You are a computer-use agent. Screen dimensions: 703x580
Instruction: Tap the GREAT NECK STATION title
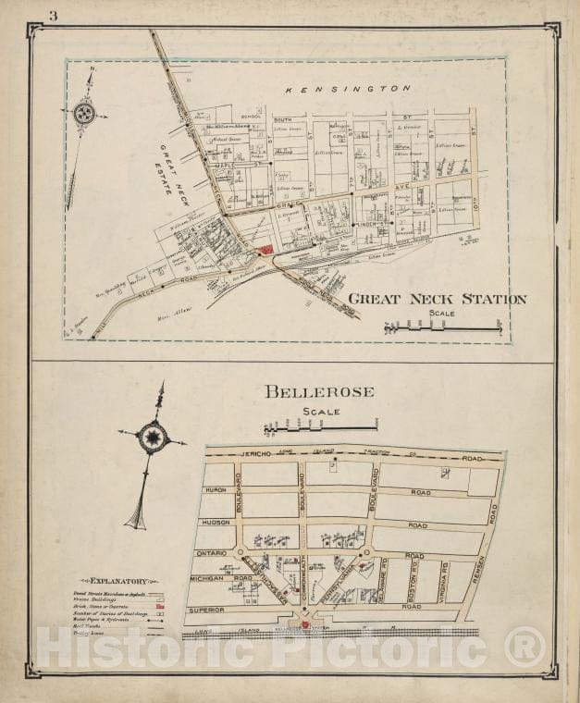(x=437, y=299)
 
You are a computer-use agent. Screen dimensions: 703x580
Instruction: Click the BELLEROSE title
(x=319, y=391)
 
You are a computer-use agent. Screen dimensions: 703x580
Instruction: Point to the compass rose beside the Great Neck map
(x=84, y=114)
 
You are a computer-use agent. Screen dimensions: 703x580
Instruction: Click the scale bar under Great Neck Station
(x=442, y=327)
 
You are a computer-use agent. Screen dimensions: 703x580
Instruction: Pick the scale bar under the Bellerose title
(x=320, y=426)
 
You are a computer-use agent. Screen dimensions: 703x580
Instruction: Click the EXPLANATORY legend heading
(x=112, y=581)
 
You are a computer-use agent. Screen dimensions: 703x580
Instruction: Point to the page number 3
(x=53, y=16)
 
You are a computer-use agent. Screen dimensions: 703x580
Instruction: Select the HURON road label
(x=215, y=489)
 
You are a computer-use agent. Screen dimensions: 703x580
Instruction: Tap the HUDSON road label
(x=216, y=522)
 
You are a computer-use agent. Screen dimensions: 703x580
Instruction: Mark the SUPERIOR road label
(x=207, y=610)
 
